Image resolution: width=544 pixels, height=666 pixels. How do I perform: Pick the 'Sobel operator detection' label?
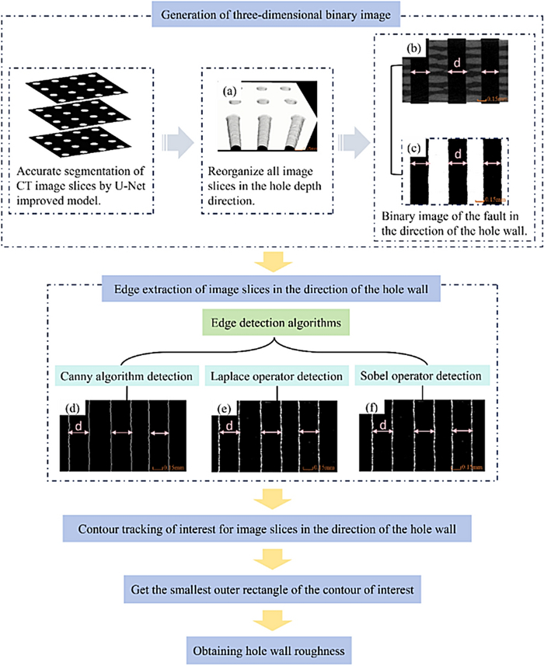point(420,377)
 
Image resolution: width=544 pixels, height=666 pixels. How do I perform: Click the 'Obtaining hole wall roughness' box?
point(271,647)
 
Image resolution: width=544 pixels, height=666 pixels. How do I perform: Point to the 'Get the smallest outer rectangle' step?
point(271,590)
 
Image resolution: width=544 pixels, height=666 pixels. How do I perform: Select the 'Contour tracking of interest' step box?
point(271,532)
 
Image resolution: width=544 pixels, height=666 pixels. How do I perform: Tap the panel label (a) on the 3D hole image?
point(229,92)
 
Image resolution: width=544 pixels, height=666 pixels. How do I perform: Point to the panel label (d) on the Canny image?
point(71,408)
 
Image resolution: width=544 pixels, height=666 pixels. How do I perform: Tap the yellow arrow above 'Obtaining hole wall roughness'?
point(271,619)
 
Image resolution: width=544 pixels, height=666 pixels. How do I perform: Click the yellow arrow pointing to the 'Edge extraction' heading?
point(271,256)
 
